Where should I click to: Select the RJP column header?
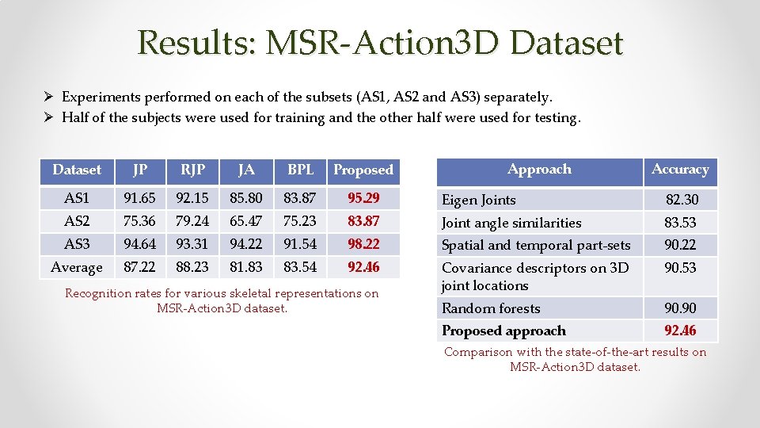(192, 169)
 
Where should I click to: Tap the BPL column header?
(300, 169)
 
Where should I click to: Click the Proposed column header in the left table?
(363, 170)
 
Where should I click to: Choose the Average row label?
(77, 268)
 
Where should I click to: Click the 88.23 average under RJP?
(192, 268)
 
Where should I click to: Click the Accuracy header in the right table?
(680, 169)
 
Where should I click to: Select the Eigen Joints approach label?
(478, 201)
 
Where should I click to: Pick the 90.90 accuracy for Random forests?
(680, 308)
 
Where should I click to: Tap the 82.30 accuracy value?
(682, 201)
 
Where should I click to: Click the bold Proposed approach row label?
(503, 331)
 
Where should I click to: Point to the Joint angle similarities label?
(511, 224)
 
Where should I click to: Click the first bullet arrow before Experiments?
(48, 97)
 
